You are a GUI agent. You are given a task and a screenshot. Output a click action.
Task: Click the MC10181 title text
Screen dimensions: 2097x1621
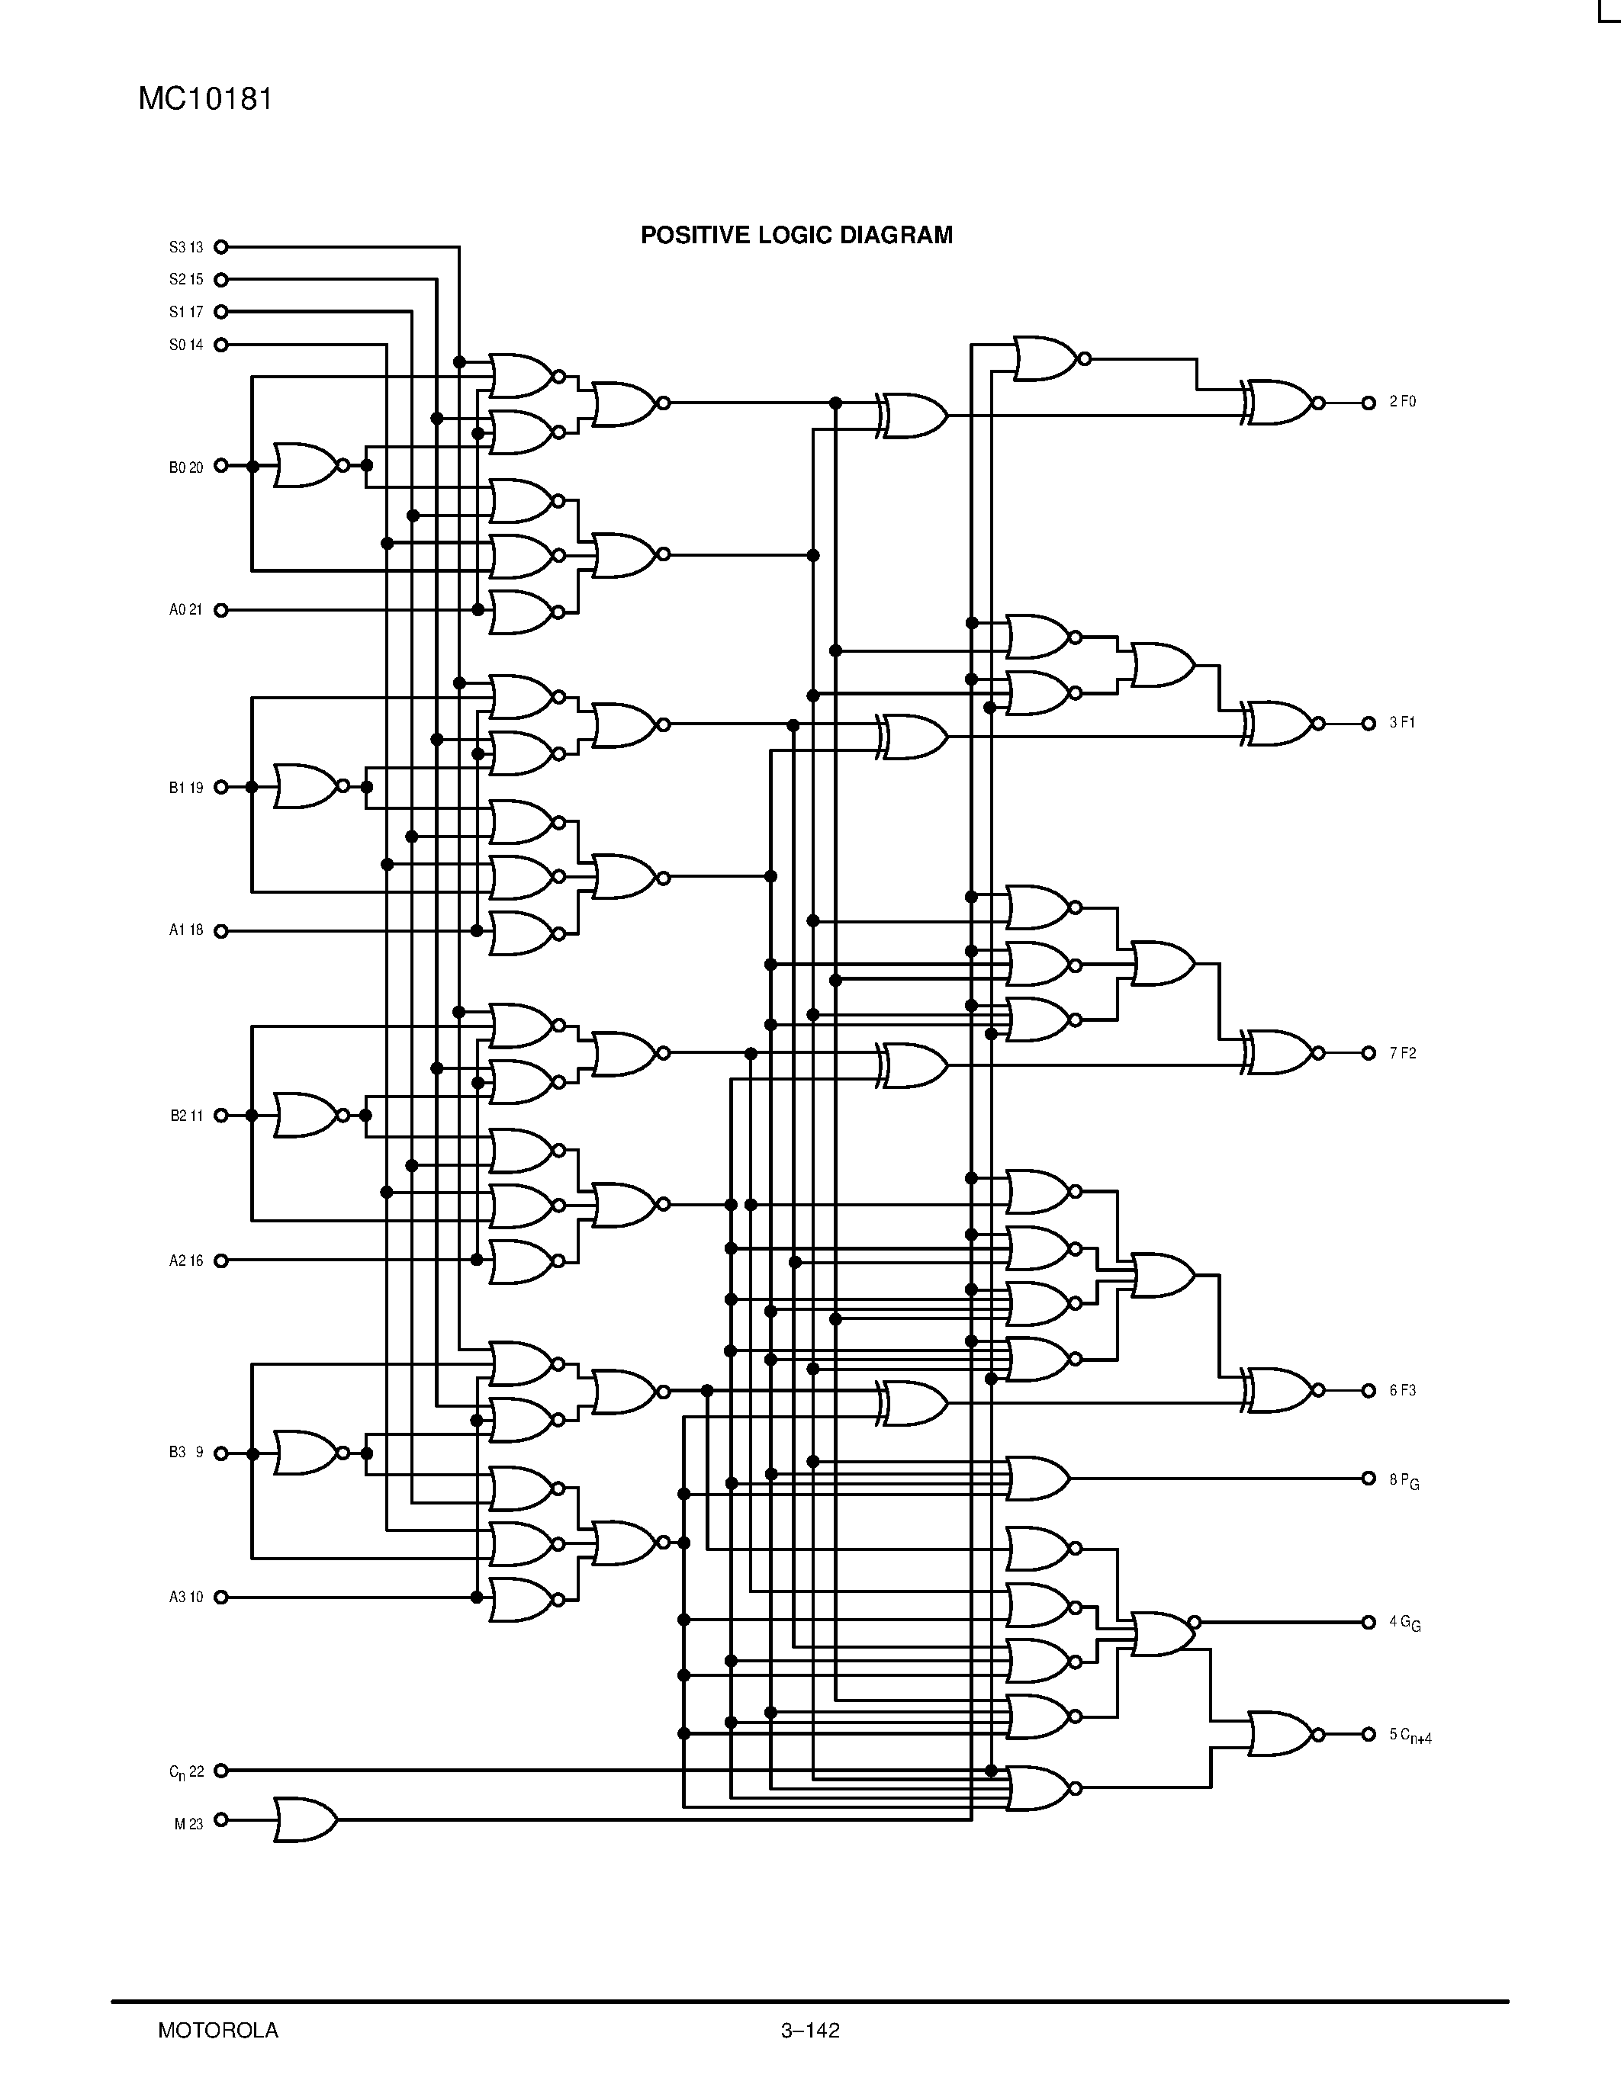205,99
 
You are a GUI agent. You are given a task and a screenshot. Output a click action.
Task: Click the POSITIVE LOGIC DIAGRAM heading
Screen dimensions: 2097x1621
796,235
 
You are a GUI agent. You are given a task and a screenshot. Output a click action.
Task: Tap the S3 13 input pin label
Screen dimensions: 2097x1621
186,248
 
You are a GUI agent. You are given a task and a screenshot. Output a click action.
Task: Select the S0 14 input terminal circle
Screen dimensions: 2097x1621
221,345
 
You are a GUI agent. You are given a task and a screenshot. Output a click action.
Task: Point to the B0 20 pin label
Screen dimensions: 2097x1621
186,467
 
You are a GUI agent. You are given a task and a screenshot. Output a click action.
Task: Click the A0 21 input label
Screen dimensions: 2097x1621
186,610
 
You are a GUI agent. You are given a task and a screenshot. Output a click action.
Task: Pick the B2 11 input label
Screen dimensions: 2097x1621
186,1116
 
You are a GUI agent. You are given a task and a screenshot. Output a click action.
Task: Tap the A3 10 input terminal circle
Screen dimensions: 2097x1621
221,1597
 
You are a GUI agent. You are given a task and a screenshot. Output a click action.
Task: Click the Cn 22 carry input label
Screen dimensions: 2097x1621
186,1771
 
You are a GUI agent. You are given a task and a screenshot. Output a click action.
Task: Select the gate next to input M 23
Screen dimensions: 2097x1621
304,1819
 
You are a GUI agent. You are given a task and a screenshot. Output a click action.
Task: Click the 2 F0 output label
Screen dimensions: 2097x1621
1402,403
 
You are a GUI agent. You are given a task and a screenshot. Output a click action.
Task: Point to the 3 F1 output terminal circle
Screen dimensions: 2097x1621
1369,724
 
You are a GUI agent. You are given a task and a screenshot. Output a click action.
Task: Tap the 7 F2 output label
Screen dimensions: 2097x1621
1402,1053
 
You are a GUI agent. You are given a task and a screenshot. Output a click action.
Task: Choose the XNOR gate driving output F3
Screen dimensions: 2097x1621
1279,1390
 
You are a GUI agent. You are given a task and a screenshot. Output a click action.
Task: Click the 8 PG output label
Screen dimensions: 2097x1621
1404,1479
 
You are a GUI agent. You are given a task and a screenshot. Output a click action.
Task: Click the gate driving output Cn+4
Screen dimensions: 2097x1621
1279,1734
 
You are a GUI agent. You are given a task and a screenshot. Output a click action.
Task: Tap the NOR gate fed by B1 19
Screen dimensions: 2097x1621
304,786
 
